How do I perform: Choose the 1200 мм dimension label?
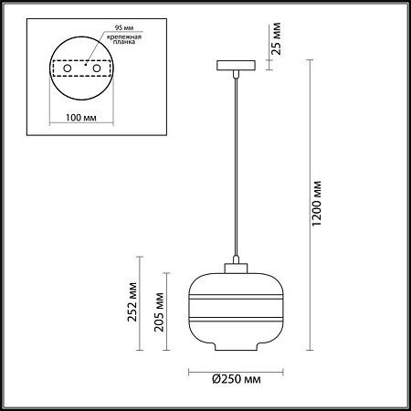[317, 205]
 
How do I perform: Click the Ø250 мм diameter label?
[236, 377]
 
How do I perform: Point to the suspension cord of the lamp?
[236, 164]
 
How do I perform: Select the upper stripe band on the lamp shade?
[236, 296]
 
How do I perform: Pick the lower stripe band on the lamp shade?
[236, 319]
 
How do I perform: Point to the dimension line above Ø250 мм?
[236, 368]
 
